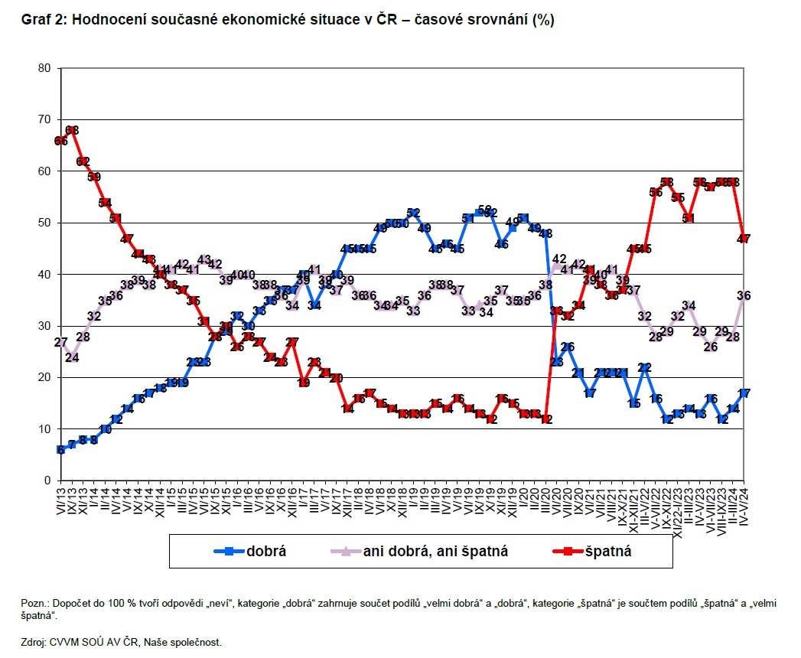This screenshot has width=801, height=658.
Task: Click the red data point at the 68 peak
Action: tap(73, 130)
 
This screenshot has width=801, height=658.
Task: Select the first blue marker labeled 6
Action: tap(60, 450)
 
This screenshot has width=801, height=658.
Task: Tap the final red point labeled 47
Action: tap(743, 239)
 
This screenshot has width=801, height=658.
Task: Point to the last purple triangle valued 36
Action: tap(743, 295)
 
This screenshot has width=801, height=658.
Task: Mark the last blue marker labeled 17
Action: tap(743, 393)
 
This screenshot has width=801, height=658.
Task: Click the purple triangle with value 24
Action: tap(73, 357)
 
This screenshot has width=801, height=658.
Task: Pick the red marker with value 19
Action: tap(304, 383)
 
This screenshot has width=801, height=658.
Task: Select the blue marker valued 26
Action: tap(568, 347)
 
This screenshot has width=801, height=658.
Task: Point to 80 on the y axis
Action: tap(44, 68)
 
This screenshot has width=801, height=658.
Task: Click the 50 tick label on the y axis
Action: tap(44, 223)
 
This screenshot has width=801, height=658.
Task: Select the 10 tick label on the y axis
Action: tap(44, 429)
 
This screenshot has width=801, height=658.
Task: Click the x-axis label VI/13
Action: tap(61, 503)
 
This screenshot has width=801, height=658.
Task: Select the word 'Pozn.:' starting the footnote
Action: tap(36, 604)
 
